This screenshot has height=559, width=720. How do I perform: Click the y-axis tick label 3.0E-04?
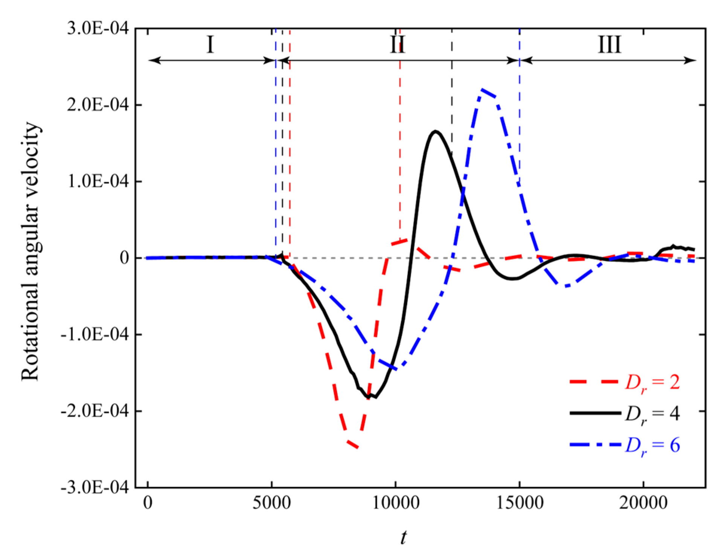pyautogui.click(x=98, y=28)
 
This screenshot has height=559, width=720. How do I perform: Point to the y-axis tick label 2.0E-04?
pyautogui.click(x=98, y=105)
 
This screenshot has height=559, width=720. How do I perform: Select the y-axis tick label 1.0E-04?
pyautogui.click(x=98, y=181)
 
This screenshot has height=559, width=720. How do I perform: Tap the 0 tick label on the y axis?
pyautogui.click(x=124, y=258)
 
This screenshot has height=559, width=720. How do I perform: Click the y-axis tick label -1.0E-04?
pyautogui.click(x=95, y=334)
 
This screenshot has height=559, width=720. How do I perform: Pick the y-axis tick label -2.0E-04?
pyautogui.click(x=95, y=411)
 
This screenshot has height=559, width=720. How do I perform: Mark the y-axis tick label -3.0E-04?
pyautogui.click(x=95, y=487)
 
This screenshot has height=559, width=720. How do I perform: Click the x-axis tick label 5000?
pyautogui.click(x=272, y=503)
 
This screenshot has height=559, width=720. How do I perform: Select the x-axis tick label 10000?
pyautogui.click(x=395, y=503)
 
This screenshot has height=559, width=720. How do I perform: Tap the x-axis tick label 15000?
pyautogui.click(x=520, y=503)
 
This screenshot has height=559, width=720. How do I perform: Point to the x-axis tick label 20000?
pyautogui.click(x=643, y=503)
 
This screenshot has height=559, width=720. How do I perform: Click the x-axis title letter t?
pyautogui.click(x=404, y=538)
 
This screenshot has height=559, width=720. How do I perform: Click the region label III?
pyautogui.click(x=609, y=45)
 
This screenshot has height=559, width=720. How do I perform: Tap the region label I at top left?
pyautogui.click(x=210, y=45)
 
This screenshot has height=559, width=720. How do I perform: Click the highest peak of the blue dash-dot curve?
pyautogui.click(x=482, y=89)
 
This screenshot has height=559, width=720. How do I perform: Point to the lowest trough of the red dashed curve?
pyautogui.click(x=357, y=448)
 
